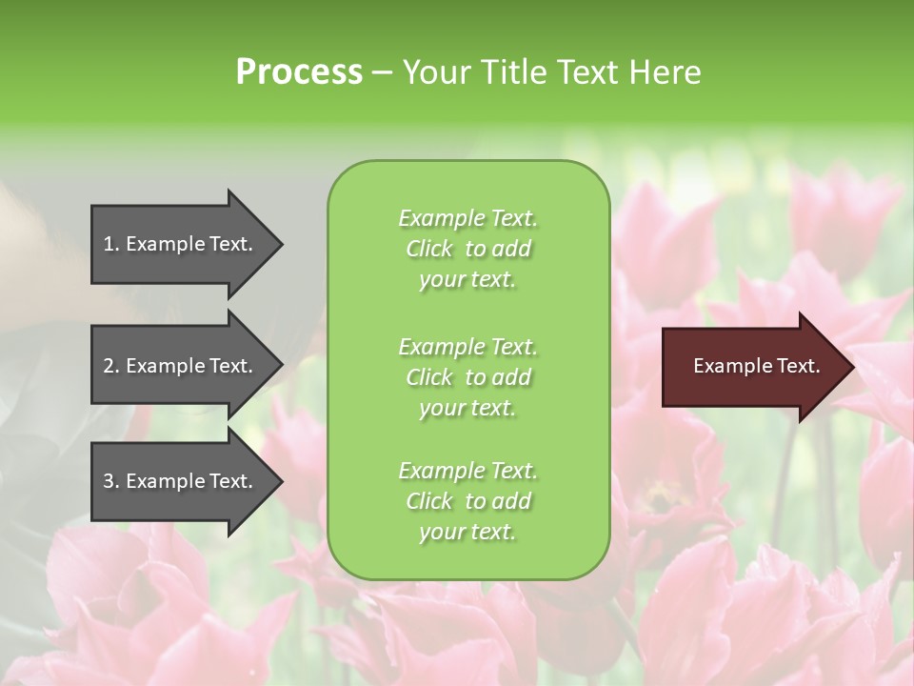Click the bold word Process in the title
(x=299, y=72)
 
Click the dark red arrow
(x=752, y=367)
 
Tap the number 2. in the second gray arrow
(x=111, y=366)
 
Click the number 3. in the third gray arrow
(x=111, y=481)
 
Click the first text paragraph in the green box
(x=467, y=249)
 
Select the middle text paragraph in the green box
(x=467, y=377)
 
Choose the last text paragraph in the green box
(x=467, y=501)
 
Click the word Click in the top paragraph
(x=428, y=249)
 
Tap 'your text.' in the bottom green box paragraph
(x=467, y=533)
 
